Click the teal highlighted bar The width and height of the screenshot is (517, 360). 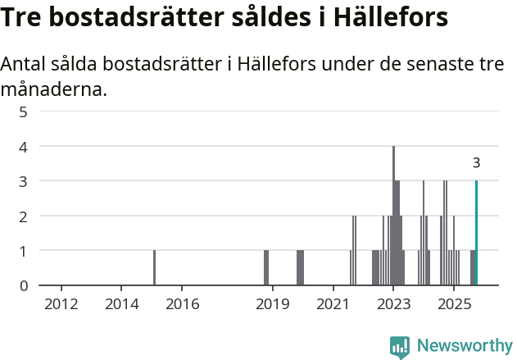[x=476, y=233]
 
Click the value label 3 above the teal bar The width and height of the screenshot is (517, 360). [x=476, y=163]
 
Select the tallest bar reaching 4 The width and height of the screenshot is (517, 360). [x=393, y=216]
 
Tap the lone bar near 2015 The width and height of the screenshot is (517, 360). [x=154, y=267]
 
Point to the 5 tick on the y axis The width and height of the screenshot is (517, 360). [x=24, y=112]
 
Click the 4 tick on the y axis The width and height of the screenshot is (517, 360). [x=24, y=147]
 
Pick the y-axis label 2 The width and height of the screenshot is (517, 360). [x=24, y=216]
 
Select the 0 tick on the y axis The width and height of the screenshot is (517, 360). [x=24, y=286]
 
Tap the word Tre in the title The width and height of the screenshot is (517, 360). [x=24, y=17]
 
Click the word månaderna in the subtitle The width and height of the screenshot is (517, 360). [x=54, y=89]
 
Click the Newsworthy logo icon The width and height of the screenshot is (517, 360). [x=400, y=347]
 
